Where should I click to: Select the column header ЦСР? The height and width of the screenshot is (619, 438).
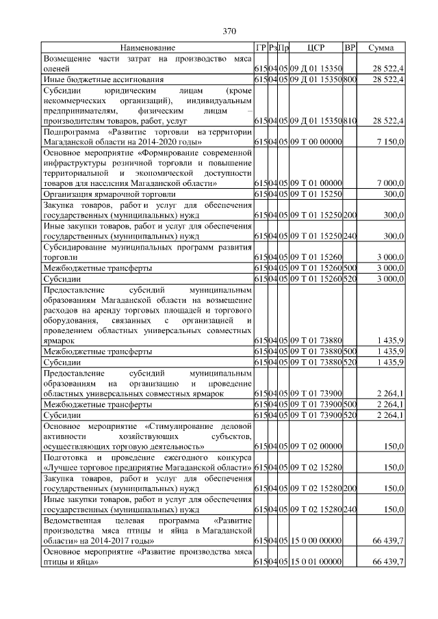point(316,48)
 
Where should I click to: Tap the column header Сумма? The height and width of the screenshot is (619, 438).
point(381,48)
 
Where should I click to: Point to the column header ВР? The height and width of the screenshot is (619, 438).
point(350,48)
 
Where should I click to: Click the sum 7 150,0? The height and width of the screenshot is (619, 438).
point(390,141)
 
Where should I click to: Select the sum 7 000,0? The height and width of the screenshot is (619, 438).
point(390,183)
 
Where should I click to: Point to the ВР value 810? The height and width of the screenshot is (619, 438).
point(350,120)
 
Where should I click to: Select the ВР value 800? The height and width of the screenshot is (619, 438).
point(350,79)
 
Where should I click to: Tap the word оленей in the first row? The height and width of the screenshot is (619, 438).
point(56,68)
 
